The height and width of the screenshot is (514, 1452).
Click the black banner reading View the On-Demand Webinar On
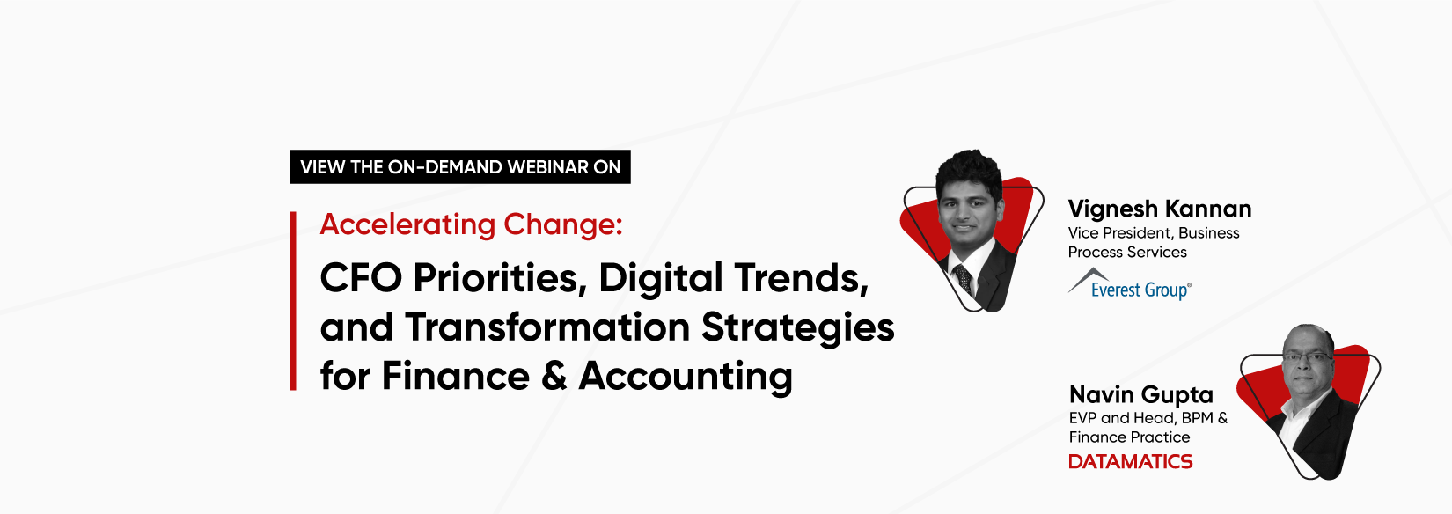click(x=459, y=166)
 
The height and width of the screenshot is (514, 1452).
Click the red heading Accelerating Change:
click(x=472, y=225)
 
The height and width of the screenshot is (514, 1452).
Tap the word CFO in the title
click(x=361, y=278)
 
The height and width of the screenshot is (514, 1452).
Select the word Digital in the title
click(x=661, y=279)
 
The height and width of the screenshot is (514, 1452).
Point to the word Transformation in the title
click(x=547, y=327)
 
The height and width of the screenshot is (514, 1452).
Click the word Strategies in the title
click(x=798, y=328)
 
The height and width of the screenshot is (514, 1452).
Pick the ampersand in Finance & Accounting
click(x=554, y=376)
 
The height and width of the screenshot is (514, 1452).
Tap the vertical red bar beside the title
click(x=293, y=301)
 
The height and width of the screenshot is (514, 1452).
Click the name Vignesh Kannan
click(x=1160, y=209)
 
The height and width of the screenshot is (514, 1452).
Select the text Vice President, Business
click(x=1154, y=232)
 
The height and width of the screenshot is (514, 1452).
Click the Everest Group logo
click(x=1130, y=284)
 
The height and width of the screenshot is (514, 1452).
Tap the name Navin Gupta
click(x=1140, y=394)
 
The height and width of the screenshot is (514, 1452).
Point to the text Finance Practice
click(x=1129, y=437)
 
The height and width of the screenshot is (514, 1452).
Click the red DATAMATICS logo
click(x=1131, y=461)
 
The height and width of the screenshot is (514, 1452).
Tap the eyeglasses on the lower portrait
click(x=1308, y=357)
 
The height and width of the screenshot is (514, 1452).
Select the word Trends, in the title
click(x=801, y=278)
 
